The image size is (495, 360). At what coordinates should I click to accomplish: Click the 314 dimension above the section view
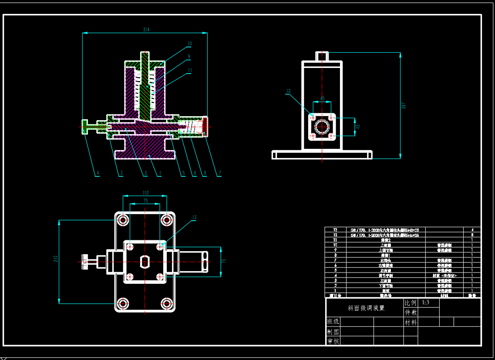click(x=146, y=30)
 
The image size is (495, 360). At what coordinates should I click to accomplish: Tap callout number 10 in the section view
click(x=189, y=44)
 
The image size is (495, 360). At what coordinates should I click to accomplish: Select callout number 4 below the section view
click(x=98, y=173)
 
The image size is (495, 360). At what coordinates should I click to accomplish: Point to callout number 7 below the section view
click(x=220, y=173)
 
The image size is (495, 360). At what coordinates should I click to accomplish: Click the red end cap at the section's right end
click(x=205, y=126)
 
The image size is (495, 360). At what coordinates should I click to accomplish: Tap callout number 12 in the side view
click(x=288, y=91)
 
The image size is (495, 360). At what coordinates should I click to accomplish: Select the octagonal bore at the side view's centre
click(x=322, y=127)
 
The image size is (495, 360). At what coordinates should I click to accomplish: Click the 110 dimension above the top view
click(x=145, y=193)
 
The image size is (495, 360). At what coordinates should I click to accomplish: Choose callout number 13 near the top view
click(x=194, y=217)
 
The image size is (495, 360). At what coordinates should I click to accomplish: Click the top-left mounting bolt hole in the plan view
click(x=123, y=220)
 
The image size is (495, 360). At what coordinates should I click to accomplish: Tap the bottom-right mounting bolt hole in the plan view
click(x=166, y=303)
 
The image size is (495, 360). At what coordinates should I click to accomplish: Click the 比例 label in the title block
click(x=411, y=303)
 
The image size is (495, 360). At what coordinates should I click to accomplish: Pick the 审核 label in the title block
click(x=333, y=341)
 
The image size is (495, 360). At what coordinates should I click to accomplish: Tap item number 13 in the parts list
click(x=335, y=229)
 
